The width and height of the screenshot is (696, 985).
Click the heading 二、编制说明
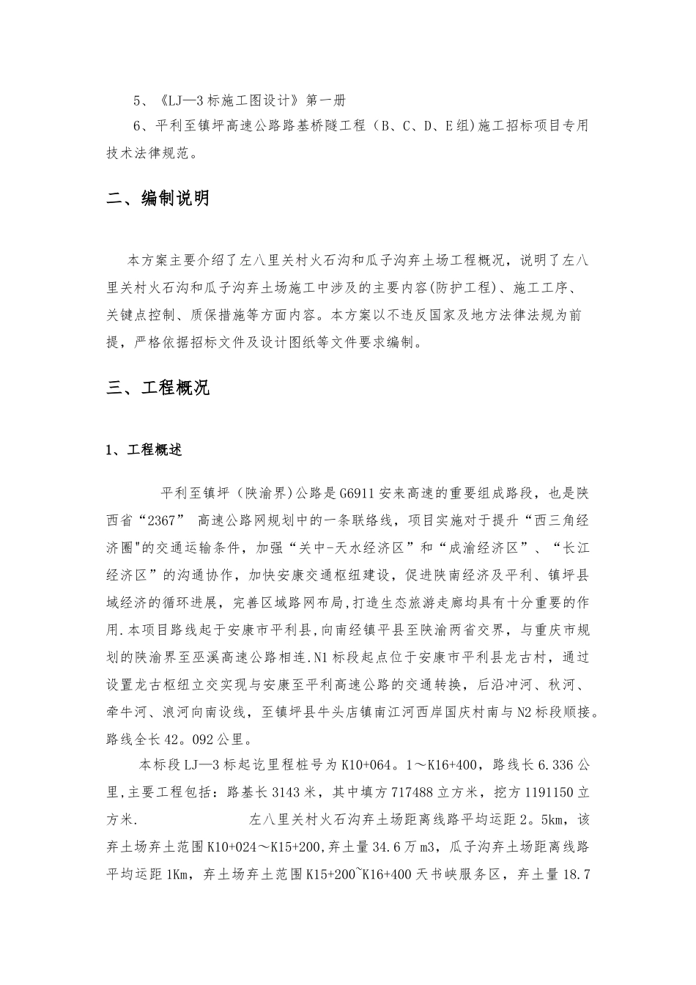point(158,199)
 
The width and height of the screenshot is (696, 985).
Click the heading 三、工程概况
point(158,388)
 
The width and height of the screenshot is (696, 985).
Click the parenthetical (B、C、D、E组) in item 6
point(419,127)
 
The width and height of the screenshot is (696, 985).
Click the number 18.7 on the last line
point(575,875)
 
